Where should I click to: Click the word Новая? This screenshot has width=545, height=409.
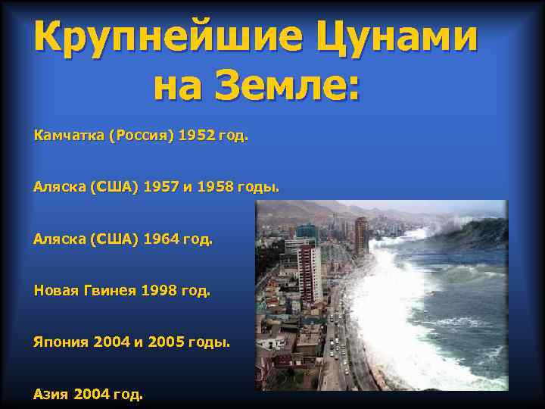[x=56, y=290]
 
